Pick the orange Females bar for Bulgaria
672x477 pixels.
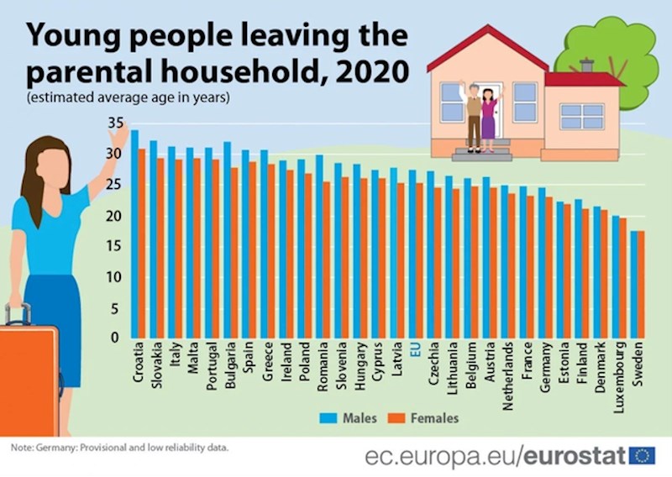point(234,253)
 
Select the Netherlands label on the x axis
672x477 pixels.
point(507,370)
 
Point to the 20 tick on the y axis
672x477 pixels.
point(116,217)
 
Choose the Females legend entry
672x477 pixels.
point(424,417)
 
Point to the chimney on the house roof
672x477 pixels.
point(587,66)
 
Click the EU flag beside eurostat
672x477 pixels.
point(643,455)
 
